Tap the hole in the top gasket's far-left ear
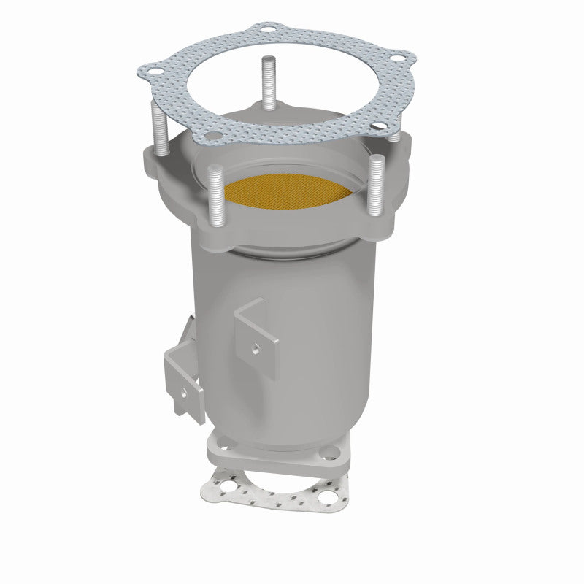click(x=154, y=72)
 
